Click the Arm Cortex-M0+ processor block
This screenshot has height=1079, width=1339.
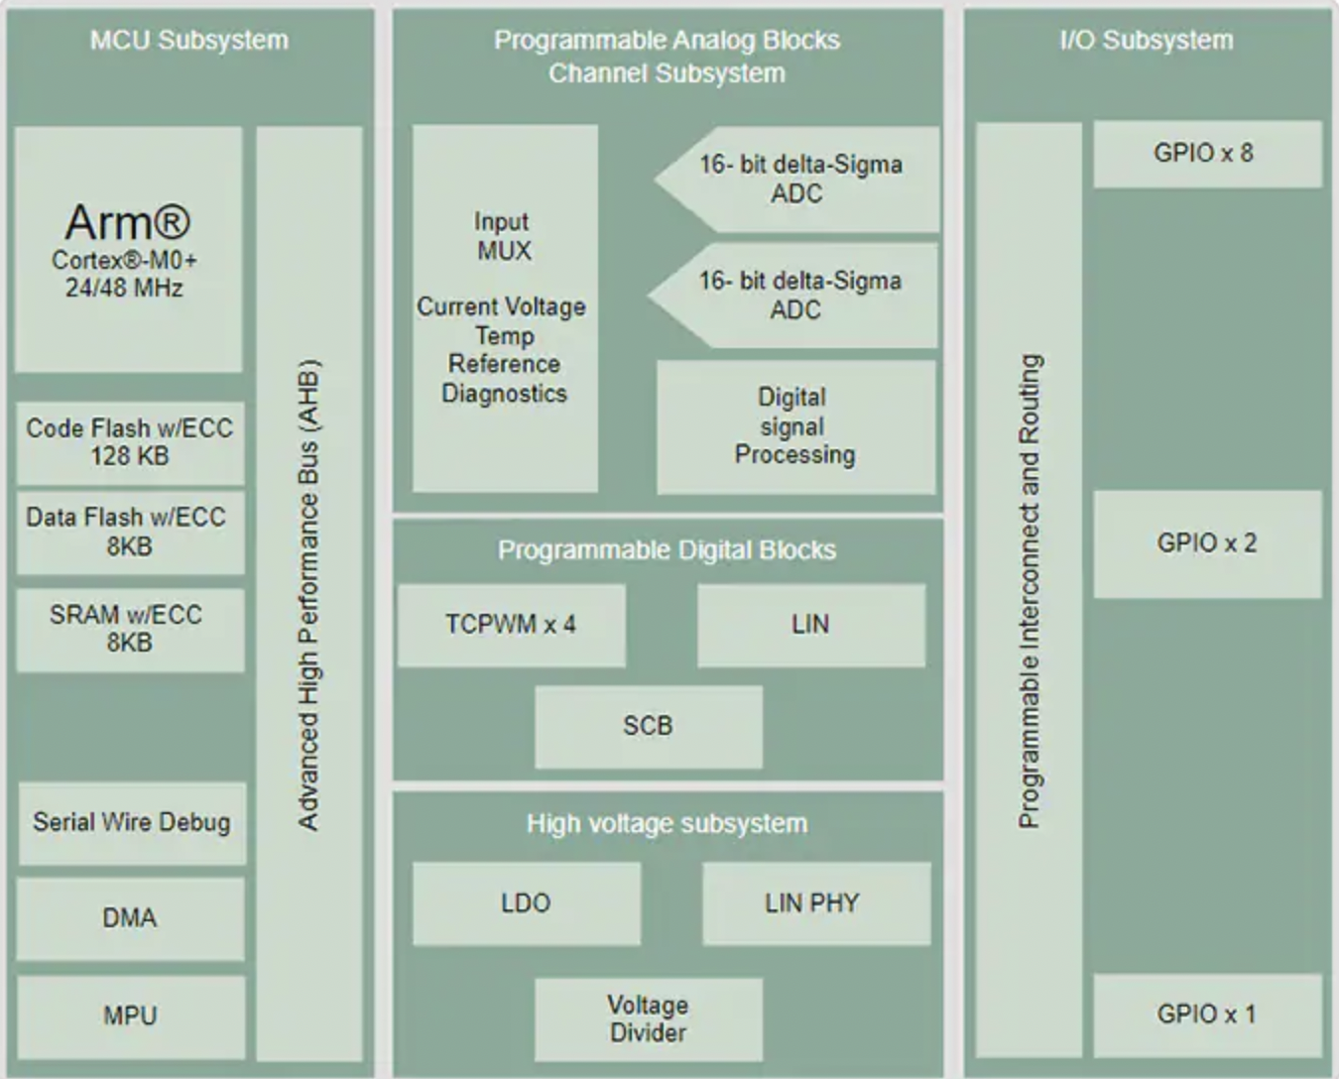pyautogui.click(x=128, y=249)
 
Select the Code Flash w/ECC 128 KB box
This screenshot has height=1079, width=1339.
pyautogui.click(x=130, y=442)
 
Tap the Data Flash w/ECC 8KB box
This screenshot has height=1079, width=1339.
pyautogui.click(x=130, y=532)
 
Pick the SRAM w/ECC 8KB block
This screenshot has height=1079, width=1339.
pyautogui.click(x=130, y=629)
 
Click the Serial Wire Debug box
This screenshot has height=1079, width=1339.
pyautogui.click(x=131, y=822)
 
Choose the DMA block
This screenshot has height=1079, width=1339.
pyautogui.click(x=130, y=917)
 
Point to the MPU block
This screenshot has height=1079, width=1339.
pyautogui.click(x=130, y=1016)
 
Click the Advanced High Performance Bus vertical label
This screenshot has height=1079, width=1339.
pyautogui.click(x=309, y=593)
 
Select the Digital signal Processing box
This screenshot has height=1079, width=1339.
pyautogui.click(x=794, y=426)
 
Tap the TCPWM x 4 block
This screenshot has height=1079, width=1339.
pyautogui.click(x=511, y=625)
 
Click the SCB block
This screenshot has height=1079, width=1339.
pyautogui.click(x=648, y=726)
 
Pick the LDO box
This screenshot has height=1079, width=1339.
pyautogui.click(x=526, y=902)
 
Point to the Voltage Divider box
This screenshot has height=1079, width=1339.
pyautogui.click(x=648, y=1019)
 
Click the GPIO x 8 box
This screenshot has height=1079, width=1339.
pyautogui.click(x=1206, y=154)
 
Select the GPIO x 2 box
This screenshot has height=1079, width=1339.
pyautogui.click(x=1206, y=543)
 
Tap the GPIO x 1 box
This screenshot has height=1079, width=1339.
pyautogui.click(x=1206, y=1015)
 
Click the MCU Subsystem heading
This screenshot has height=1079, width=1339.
pyautogui.click(x=189, y=41)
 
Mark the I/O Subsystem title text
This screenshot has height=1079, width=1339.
pyautogui.click(x=1147, y=41)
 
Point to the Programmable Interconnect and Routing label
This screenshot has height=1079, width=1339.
pyautogui.click(x=1030, y=591)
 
